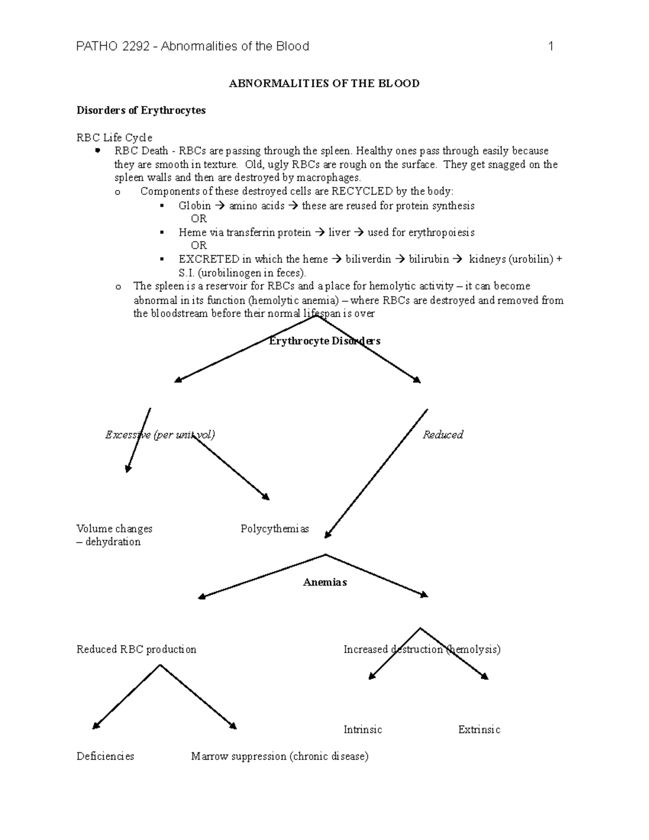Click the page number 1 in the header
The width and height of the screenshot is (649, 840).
551,47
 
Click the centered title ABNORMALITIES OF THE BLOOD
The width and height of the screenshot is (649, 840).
324,83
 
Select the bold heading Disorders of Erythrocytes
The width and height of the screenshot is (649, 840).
141,110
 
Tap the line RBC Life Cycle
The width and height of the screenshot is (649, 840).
114,137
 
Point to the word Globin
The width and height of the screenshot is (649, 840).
195,206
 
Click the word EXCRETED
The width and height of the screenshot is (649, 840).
209,259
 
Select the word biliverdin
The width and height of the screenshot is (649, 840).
368,259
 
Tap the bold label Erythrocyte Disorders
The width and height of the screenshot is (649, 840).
325,341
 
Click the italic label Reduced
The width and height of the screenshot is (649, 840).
442,435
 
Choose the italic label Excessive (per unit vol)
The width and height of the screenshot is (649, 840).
160,435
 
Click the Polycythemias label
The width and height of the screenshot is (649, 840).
274,528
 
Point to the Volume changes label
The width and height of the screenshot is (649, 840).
114,528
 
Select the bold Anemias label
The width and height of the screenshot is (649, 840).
325,583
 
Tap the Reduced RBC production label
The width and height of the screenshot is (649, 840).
136,649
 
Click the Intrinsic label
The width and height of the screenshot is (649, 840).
362,730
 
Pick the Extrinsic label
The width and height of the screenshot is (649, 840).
479,730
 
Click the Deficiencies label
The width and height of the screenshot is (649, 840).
105,756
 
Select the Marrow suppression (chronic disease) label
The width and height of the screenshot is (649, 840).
280,756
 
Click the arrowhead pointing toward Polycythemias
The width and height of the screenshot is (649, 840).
266,497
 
